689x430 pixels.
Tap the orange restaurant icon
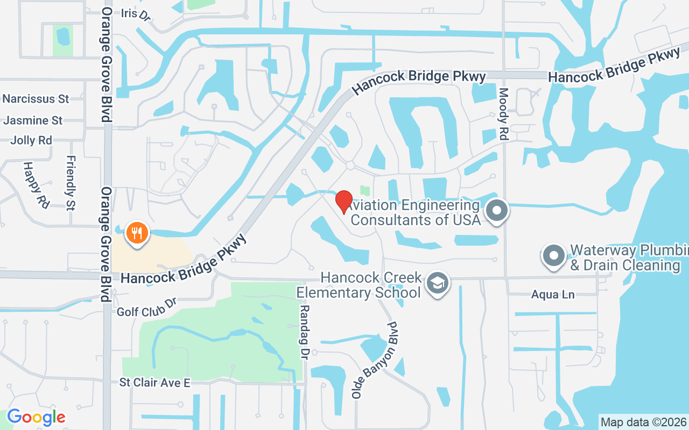[137, 233]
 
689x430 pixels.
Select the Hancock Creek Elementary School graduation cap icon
[438, 283]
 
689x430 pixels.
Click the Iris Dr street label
[136, 14]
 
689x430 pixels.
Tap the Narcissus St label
[36, 99]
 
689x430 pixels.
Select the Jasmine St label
[33, 120]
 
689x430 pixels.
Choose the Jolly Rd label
[31, 141]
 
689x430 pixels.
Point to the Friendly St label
[71, 183]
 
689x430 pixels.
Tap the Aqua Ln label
[553, 295]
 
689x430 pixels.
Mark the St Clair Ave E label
[155, 383]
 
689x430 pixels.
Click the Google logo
[36, 417]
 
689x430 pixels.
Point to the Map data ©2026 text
[643, 422]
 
